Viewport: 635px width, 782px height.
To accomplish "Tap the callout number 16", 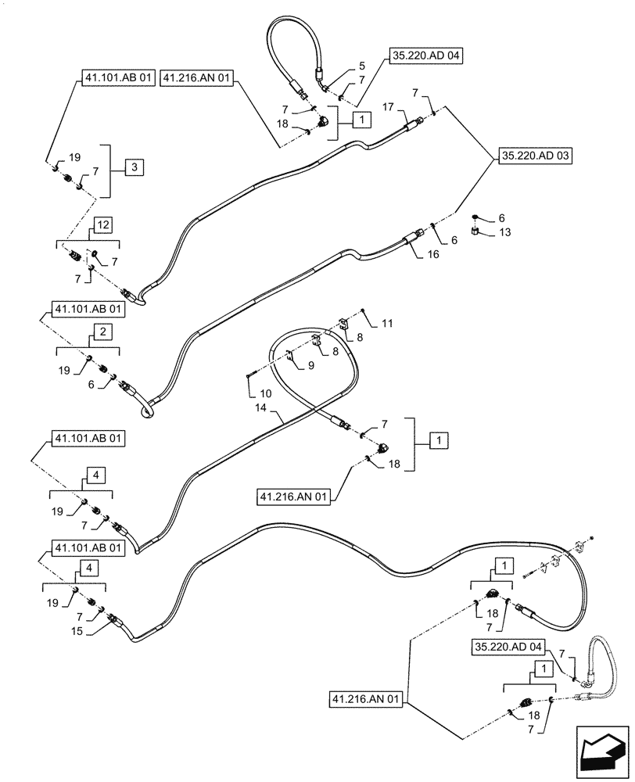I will pos(434,254).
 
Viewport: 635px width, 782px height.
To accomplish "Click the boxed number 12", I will pos(105,225).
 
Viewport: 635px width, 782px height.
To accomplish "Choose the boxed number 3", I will pos(135,167).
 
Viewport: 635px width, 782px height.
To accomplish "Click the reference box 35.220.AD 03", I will pos(533,156).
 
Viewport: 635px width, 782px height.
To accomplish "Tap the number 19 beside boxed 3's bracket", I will pos(74,158).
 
